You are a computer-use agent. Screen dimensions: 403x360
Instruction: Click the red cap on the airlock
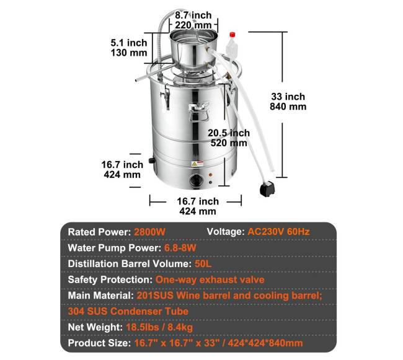click(x=232, y=35)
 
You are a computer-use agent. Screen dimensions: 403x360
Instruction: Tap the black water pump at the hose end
click(x=267, y=188)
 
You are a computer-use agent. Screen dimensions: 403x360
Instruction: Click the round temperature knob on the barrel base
click(x=196, y=180)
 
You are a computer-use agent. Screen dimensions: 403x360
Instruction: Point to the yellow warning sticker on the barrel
click(x=197, y=164)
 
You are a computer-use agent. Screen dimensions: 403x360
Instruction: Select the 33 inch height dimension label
click(x=288, y=102)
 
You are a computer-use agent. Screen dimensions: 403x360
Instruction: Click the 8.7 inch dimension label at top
click(x=193, y=20)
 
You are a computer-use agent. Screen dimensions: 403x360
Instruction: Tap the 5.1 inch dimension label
click(x=129, y=48)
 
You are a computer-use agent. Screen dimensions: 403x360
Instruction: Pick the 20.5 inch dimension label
click(x=229, y=138)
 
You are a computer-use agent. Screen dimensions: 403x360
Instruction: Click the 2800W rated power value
click(x=149, y=232)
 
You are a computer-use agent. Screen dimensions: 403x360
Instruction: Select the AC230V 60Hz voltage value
click(x=278, y=232)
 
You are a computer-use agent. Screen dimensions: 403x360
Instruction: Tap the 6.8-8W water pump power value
click(x=180, y=248)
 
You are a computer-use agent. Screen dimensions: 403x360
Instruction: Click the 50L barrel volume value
click(x=203, y=264)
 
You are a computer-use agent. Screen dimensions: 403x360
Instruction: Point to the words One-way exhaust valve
click(x=210, y=279)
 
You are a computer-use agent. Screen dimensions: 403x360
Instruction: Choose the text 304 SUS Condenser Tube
click(x=128, y=312)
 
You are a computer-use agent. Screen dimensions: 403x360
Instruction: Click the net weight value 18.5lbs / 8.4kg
click(x=159, y=327)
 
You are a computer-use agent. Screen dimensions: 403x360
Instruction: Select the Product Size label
click(x=99, y=343)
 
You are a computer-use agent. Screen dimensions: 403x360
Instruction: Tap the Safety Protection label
click(x=110, y=279)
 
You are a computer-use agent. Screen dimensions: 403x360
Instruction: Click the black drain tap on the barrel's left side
click(x=152, y=160)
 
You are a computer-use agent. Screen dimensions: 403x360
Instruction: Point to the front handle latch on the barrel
click(x=198, y=111)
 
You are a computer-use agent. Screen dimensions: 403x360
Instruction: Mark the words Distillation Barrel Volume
click(x=130, y=264)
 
